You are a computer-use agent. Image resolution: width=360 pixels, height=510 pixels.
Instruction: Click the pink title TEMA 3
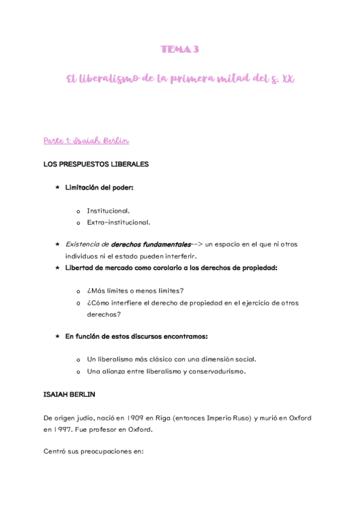point(179,50)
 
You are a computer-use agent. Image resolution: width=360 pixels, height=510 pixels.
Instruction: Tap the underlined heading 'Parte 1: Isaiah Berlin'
point(87,141)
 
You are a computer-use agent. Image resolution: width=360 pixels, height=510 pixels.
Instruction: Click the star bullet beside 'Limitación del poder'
point(57,188)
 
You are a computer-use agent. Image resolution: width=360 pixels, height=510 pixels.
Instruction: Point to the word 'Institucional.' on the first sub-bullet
point(108,211)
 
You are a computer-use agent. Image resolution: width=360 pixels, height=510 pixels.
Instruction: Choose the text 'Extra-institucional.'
point(114,222)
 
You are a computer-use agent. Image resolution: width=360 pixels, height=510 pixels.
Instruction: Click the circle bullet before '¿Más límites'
point(78,291)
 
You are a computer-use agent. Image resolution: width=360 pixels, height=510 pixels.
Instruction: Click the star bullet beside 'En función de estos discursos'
point(57,336)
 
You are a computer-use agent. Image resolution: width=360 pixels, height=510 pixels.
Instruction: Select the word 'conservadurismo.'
point(212,371)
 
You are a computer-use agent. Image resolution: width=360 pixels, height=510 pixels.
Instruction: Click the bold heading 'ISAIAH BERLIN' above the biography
point(69,395)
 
